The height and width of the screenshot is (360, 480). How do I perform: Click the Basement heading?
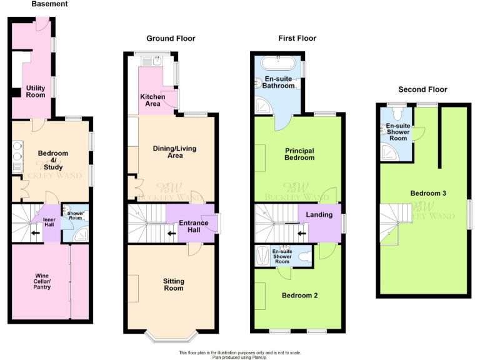[x=51, y=4]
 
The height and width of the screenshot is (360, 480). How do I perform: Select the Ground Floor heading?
[x=171, y=39]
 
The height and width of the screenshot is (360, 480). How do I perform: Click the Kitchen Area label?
[x=152, y=100]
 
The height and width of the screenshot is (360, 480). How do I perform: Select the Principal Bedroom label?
[x=299, y=154]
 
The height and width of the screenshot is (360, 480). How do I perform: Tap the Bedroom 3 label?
[x=427, y=193]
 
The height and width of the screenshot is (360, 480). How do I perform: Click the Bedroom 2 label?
[x=299, y=295]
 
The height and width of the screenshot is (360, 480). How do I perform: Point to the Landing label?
[x=319, y=215]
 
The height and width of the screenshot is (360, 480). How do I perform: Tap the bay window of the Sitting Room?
[x=172, y=337]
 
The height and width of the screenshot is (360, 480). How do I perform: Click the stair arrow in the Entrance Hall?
[x=171, y=234]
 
